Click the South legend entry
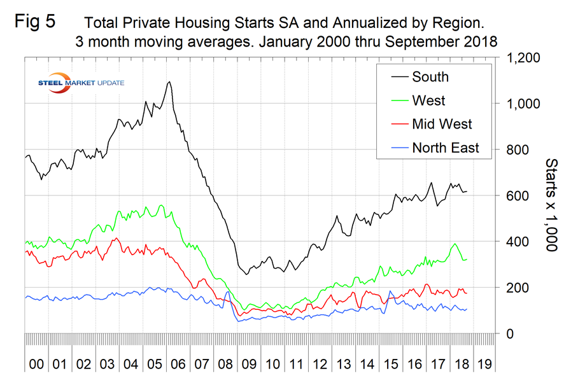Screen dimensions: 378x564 click(x=430, y=77)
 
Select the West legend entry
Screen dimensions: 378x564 click(x=428, y=101)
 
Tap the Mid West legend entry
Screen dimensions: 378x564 click(x=442, y=124)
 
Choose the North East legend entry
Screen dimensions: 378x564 click(x=445, y=148)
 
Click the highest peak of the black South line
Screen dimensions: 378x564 click(x=169, y=81)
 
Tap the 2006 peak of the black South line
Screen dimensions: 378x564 click(x=169, y=81)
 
